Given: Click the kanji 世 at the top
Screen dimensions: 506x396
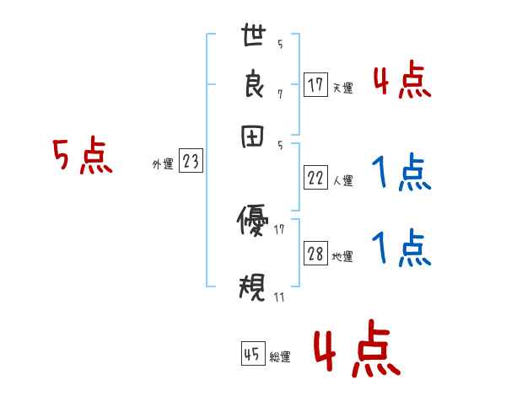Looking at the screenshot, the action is (x=253, y=36).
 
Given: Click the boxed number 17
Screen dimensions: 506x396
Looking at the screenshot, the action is (x=315, y=85).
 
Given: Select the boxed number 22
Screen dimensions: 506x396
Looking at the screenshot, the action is (x=315, y=178).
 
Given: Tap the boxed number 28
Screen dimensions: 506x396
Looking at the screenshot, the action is (x=315, y=254).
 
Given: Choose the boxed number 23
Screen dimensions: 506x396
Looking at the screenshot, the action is (x=191, y=163).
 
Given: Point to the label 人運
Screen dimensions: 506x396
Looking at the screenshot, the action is (x=342, y=180).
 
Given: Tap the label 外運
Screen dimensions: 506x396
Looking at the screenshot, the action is (x=163, y=165).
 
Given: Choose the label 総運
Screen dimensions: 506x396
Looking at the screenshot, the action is (x=279, y=357).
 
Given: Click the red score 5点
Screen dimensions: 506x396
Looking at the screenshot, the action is (x=83, y=158).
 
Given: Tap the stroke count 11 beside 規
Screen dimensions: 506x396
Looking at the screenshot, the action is (x=280, y=297).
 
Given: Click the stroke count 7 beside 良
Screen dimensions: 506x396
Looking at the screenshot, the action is (x=280, y=94).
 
